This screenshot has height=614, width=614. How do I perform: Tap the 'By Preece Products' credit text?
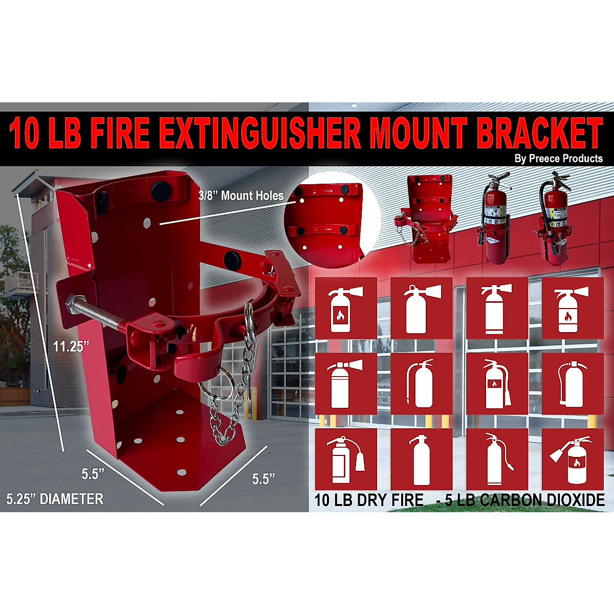coord(558,159)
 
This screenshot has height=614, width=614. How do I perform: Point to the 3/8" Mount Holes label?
coord(240,195)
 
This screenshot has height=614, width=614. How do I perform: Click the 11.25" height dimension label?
coord(71,346)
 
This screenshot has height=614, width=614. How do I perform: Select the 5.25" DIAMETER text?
coord(55,498)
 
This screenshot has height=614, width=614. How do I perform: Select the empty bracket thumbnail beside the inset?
coord(424,217)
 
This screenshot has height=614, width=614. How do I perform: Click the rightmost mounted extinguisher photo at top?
coord(555,217)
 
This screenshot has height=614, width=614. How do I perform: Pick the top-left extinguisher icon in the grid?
coord(345,308)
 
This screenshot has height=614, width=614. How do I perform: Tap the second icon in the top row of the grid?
coord(421,308)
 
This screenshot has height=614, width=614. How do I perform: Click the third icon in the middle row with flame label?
coord(497,384)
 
